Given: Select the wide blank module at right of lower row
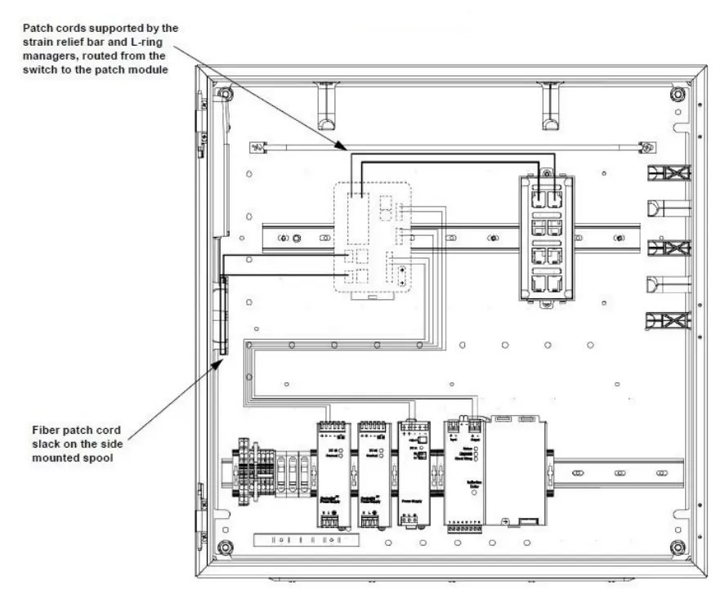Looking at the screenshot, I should pyautogui.click(x=517, y=474).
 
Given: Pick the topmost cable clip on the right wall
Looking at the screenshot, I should pyautogui.click(x=669, y=173).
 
